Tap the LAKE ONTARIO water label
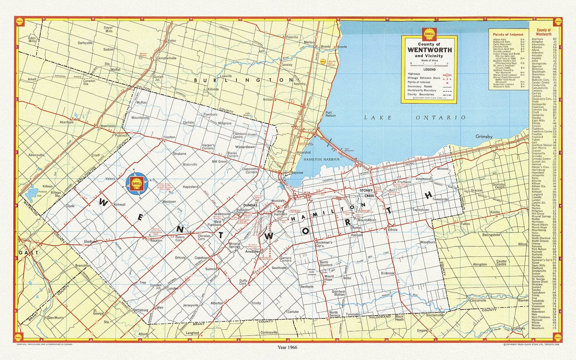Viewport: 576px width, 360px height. tap(415, 118)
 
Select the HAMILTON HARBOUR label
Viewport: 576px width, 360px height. tap(321, 159)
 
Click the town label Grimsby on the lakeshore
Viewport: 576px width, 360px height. tap(484, 136)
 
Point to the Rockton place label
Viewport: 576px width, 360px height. tap(156, 240)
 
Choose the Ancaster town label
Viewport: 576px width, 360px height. tap(252, 251)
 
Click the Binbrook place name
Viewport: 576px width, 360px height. tap(388, 273)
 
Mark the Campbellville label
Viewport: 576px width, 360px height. tap(166, 58)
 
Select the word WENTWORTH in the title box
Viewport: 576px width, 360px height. tap(429, 50)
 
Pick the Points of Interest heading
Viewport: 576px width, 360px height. tap(508, 35)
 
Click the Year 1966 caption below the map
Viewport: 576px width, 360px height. tap(287, 347)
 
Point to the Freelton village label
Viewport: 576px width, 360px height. tap(169, 137)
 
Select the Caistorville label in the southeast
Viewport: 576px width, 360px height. tap(478, 301)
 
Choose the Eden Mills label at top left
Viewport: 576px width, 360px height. tap(32, 40)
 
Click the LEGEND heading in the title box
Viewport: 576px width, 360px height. tap(429, 70)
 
